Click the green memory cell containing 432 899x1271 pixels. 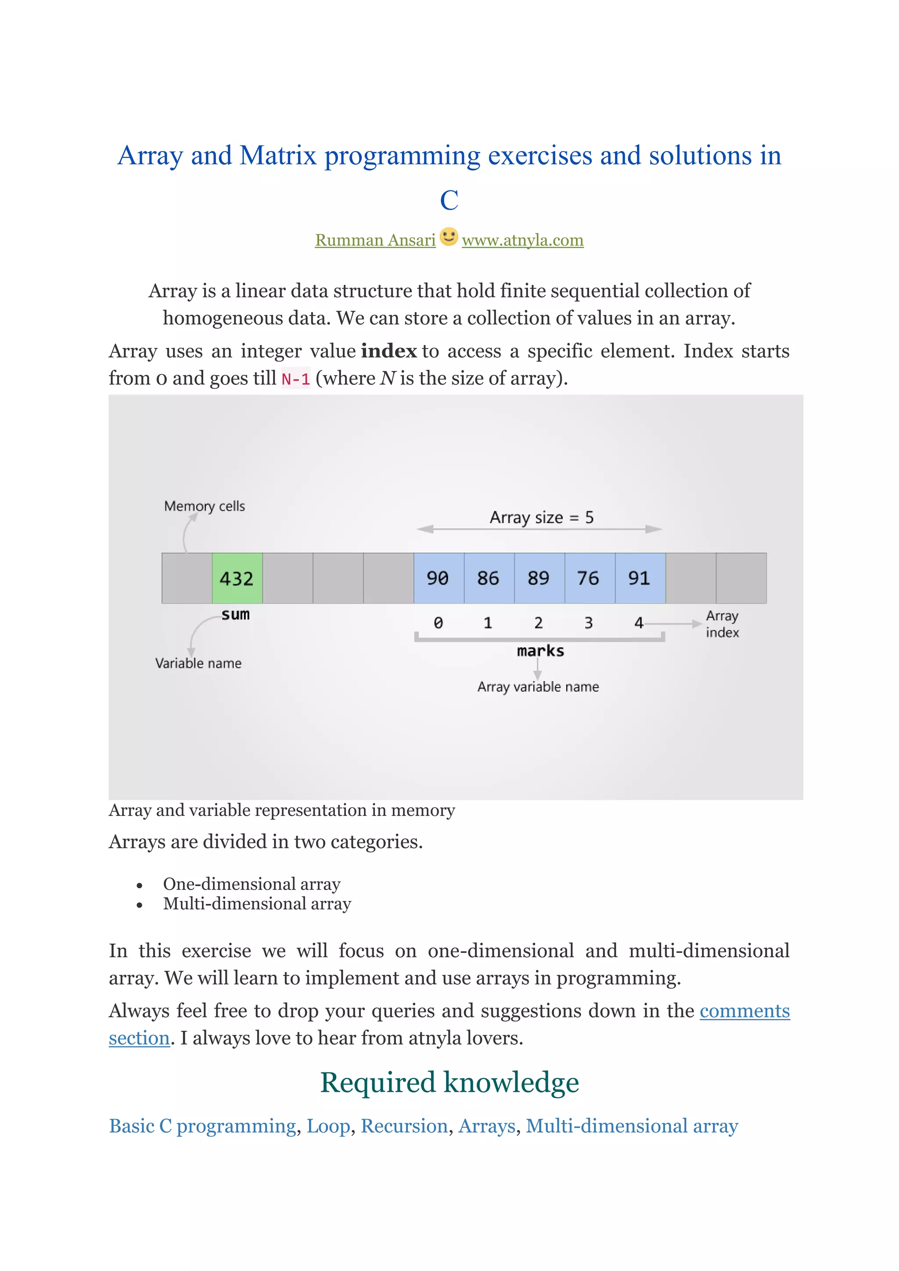click(x=237, y=578)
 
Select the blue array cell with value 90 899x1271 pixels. click(x=439, y=578)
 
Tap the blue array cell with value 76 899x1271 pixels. click(x=589, y=578)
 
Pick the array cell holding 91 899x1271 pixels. click(x=640, y=578)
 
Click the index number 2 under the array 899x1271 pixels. click(x=538, y=623)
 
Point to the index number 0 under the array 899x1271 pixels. click(x=438, y=623)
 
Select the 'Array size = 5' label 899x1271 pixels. click(x=541, y=517)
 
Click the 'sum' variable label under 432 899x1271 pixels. click(x=235, y=614)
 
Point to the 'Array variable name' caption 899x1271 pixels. click(x=538, y=686)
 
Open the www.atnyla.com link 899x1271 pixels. click(x=522, y=240)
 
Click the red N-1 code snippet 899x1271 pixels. click(x=295, y=379)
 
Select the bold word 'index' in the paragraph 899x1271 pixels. click(x=388, y=351)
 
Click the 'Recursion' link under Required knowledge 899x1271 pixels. click(x=404, y=1126)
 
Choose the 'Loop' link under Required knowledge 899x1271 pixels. click(x=328, y=1126)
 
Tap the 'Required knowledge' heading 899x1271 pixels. click(x=449, y=1082)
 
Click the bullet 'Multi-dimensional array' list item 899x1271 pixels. click(x=257, y=903)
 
